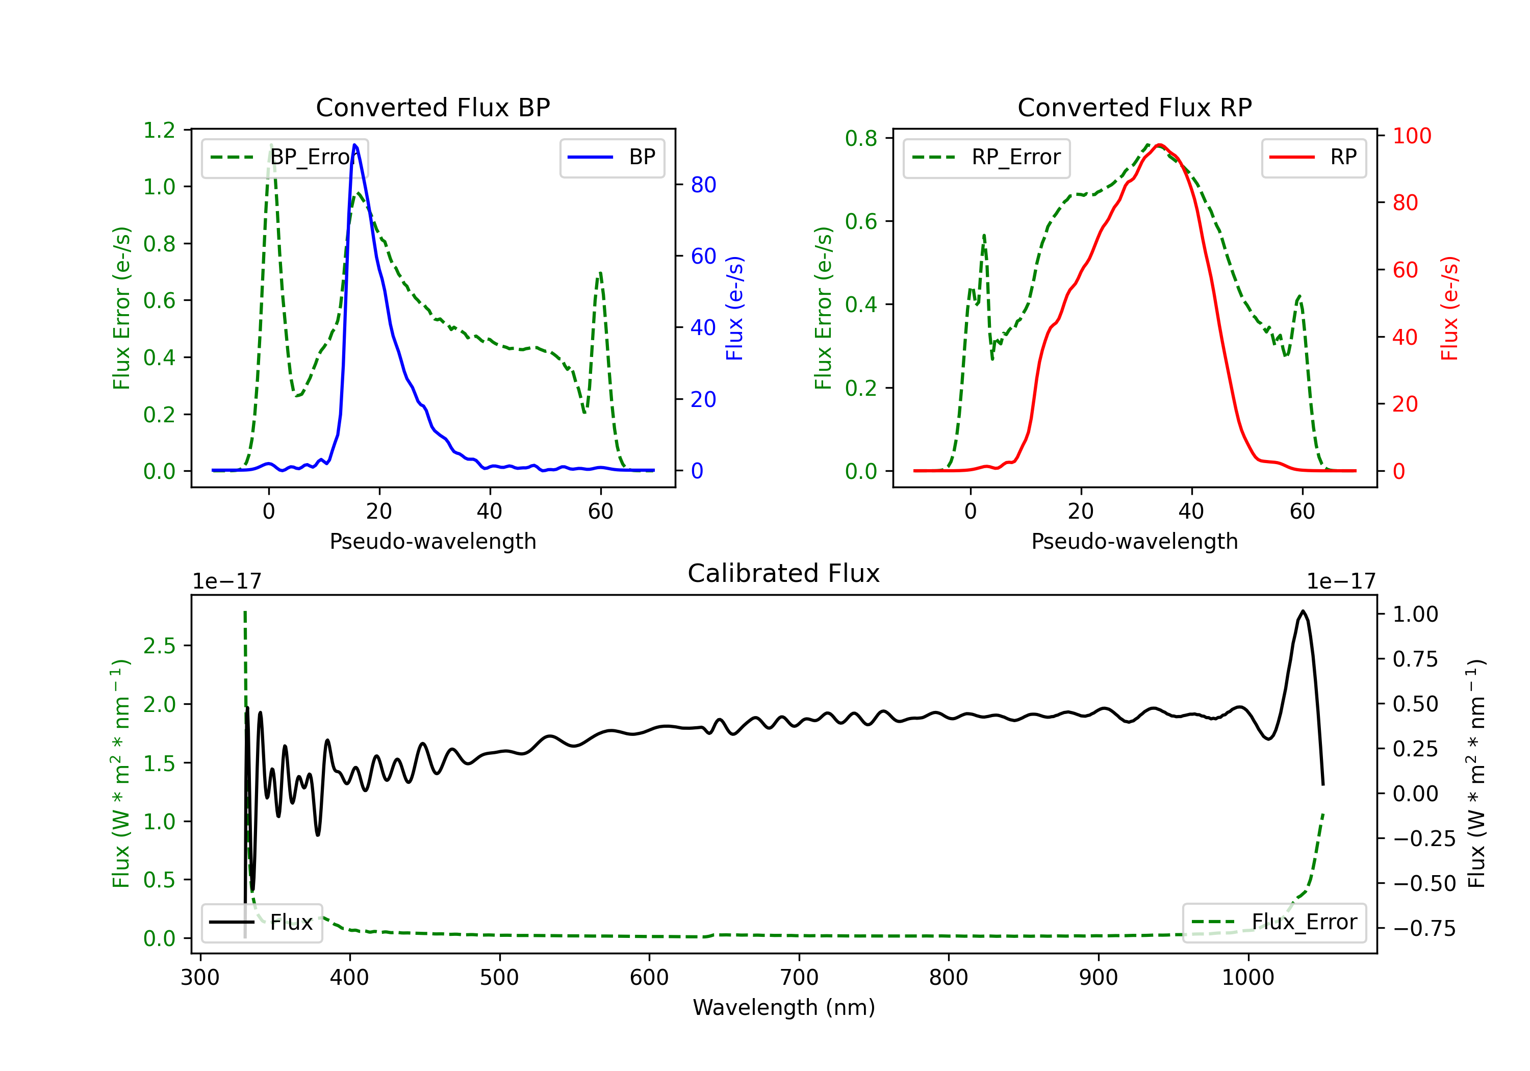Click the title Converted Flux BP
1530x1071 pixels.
432,107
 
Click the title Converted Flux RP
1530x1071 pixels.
1134,107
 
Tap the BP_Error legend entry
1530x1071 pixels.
285,157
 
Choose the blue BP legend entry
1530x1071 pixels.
611,157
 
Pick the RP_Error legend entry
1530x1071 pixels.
986,157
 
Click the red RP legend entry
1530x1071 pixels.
1313,157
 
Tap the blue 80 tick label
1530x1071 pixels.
703,185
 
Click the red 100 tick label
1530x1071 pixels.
1411,136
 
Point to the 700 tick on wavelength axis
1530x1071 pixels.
799,977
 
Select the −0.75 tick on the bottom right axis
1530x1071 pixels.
1424,928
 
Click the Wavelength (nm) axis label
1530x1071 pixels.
784,1007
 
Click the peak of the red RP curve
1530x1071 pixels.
1160,145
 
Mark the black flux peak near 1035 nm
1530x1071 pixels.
1303,610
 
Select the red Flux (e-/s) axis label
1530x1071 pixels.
1449,308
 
